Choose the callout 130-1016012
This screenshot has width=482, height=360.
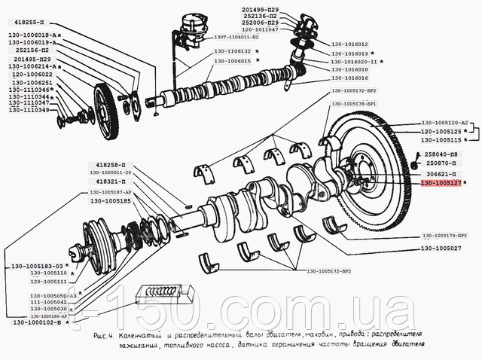tap(350, 44)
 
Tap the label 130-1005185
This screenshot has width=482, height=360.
tap(112, 202)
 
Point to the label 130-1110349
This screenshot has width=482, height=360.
tap(29, 111)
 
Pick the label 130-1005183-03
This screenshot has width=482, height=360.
tap(35, 266)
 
